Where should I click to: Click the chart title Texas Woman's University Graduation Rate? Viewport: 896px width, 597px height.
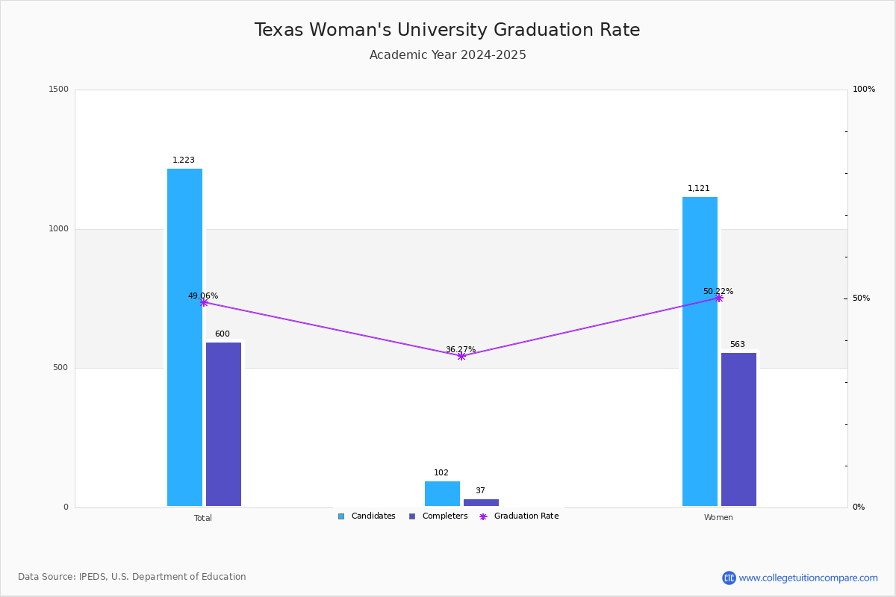[x=447, y=30]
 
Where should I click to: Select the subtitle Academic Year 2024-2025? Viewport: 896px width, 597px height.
[x=447, y=55]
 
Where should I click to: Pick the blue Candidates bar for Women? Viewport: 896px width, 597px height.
[x=700, y=351]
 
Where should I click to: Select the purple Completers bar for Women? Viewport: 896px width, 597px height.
[x=738, y=429]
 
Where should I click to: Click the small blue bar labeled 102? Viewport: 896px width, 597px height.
[x=442, y=493]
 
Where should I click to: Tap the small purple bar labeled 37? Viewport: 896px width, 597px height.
[x=481, y=502]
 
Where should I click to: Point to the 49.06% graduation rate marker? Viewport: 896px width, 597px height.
[x=204, y=302]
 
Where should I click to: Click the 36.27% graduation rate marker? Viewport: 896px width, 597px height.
[x=461, y=356]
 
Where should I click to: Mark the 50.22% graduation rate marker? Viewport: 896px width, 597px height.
[x=719, y=298]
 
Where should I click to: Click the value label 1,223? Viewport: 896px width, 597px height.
[x=184, y=160]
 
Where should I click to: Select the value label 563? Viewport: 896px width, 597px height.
[x=737, y=345]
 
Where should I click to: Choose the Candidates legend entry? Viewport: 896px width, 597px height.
[x=367, y=516]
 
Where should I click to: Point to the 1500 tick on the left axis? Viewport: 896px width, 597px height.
[x=58, y=90]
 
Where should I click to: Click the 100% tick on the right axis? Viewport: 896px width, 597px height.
[x=864, y=90]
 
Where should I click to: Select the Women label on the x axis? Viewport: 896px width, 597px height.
[x=718, y=518]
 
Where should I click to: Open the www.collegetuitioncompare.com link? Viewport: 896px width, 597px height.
[x=808, y=578]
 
